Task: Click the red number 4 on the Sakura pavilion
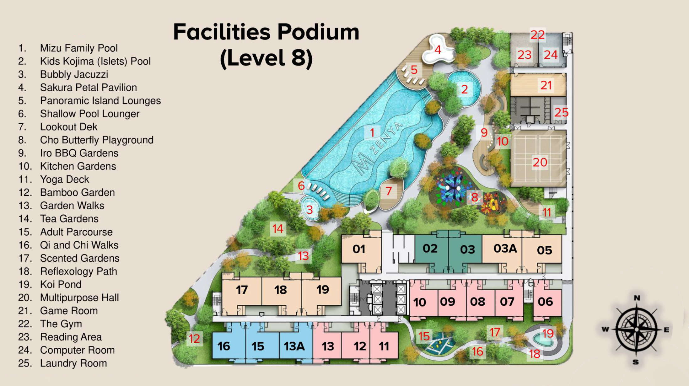(x=438, y=50)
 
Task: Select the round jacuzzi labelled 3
(x=310, y=208)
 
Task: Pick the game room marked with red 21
(x=538, y=85)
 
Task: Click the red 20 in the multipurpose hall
(x=540, y=162)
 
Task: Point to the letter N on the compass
(x=637, y=298)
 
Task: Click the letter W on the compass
(x=605, y=329)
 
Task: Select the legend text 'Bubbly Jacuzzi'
(x=74, y=74)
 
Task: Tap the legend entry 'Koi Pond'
(x=61, y=284)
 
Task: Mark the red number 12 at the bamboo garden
(x=194, y=339)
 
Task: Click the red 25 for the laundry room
(x=561, y=112)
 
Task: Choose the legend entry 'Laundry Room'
(x=73, y=363)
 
